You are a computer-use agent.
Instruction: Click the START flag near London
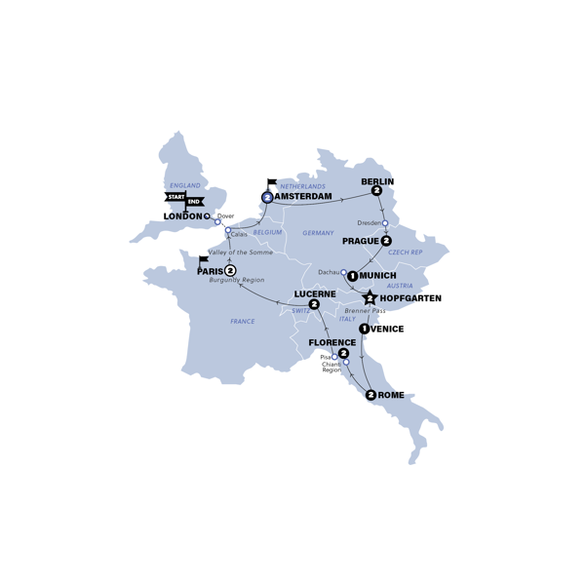(x=176, y=197)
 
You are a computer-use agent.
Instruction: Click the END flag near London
(x=195, y=202)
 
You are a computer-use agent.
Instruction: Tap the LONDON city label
(x=182, y=216)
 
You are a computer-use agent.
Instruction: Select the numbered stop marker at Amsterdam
(x=267, y=197)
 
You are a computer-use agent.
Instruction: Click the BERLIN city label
(x=377, y=181)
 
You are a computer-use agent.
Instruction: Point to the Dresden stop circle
(x=385, y=223)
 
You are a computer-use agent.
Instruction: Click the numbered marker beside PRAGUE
(x=386, y=241)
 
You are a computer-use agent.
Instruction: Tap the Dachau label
(x=330, y=272)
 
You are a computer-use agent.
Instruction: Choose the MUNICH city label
(x=378, y=276)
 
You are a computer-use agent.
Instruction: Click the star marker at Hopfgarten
(x=370, y=298)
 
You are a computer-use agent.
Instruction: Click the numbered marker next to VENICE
(x=364, y=330)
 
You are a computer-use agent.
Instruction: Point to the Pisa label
(x=325, y=358)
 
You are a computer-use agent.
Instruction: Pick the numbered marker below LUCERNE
(x=314, y=305)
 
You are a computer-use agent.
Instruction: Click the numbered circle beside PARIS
(x=230, y=271)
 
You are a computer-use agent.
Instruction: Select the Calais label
(x=239, y=234)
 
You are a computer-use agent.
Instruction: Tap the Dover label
(x=226, y=215)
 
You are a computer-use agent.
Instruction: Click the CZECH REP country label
(x=406, y=252)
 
